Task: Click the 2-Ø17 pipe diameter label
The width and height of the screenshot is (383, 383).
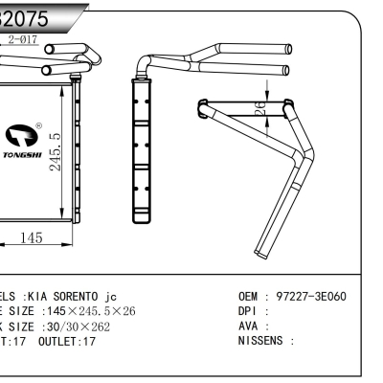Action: (x=22, y=39)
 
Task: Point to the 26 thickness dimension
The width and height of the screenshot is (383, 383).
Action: (x=259, y=110)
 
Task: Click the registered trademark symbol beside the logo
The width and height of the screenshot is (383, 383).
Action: (x=38, y=125)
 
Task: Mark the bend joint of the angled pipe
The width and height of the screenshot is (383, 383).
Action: (x=304, y=157)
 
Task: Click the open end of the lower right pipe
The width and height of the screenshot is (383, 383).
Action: (x=286, y=69)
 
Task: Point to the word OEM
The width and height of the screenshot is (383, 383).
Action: (x=248, y=297)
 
